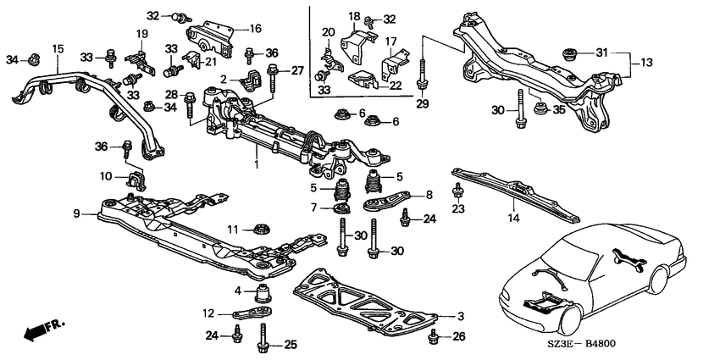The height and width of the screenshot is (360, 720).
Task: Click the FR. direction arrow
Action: click(x=44, y=330)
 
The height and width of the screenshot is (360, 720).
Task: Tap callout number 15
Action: click(x=58, y=48)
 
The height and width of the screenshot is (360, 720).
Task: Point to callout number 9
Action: click(x=76, y=213)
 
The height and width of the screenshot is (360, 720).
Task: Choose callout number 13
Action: click(x=646, y=62)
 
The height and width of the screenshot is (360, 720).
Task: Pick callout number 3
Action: click(x=461, y=317)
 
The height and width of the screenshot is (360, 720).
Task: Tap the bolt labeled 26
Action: click(x=432, y=338)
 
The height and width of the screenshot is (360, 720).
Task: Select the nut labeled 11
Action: click(x=261, y=228)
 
